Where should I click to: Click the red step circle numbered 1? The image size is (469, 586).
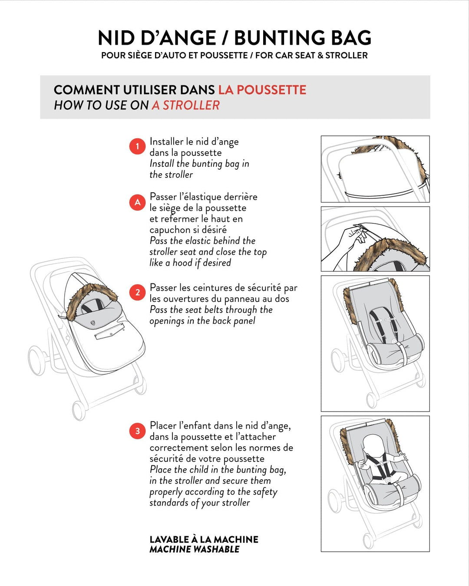click(137, 146)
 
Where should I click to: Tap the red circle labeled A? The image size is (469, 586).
click(137, 202)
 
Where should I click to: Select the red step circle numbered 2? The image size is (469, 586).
click(137, 293)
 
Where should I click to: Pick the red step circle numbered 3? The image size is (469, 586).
click(137, 431)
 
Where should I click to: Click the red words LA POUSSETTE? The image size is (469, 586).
click(262, 90)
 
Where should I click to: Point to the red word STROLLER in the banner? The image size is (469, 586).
click(191, 105)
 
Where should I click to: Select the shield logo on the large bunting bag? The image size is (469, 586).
click(93, 323)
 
